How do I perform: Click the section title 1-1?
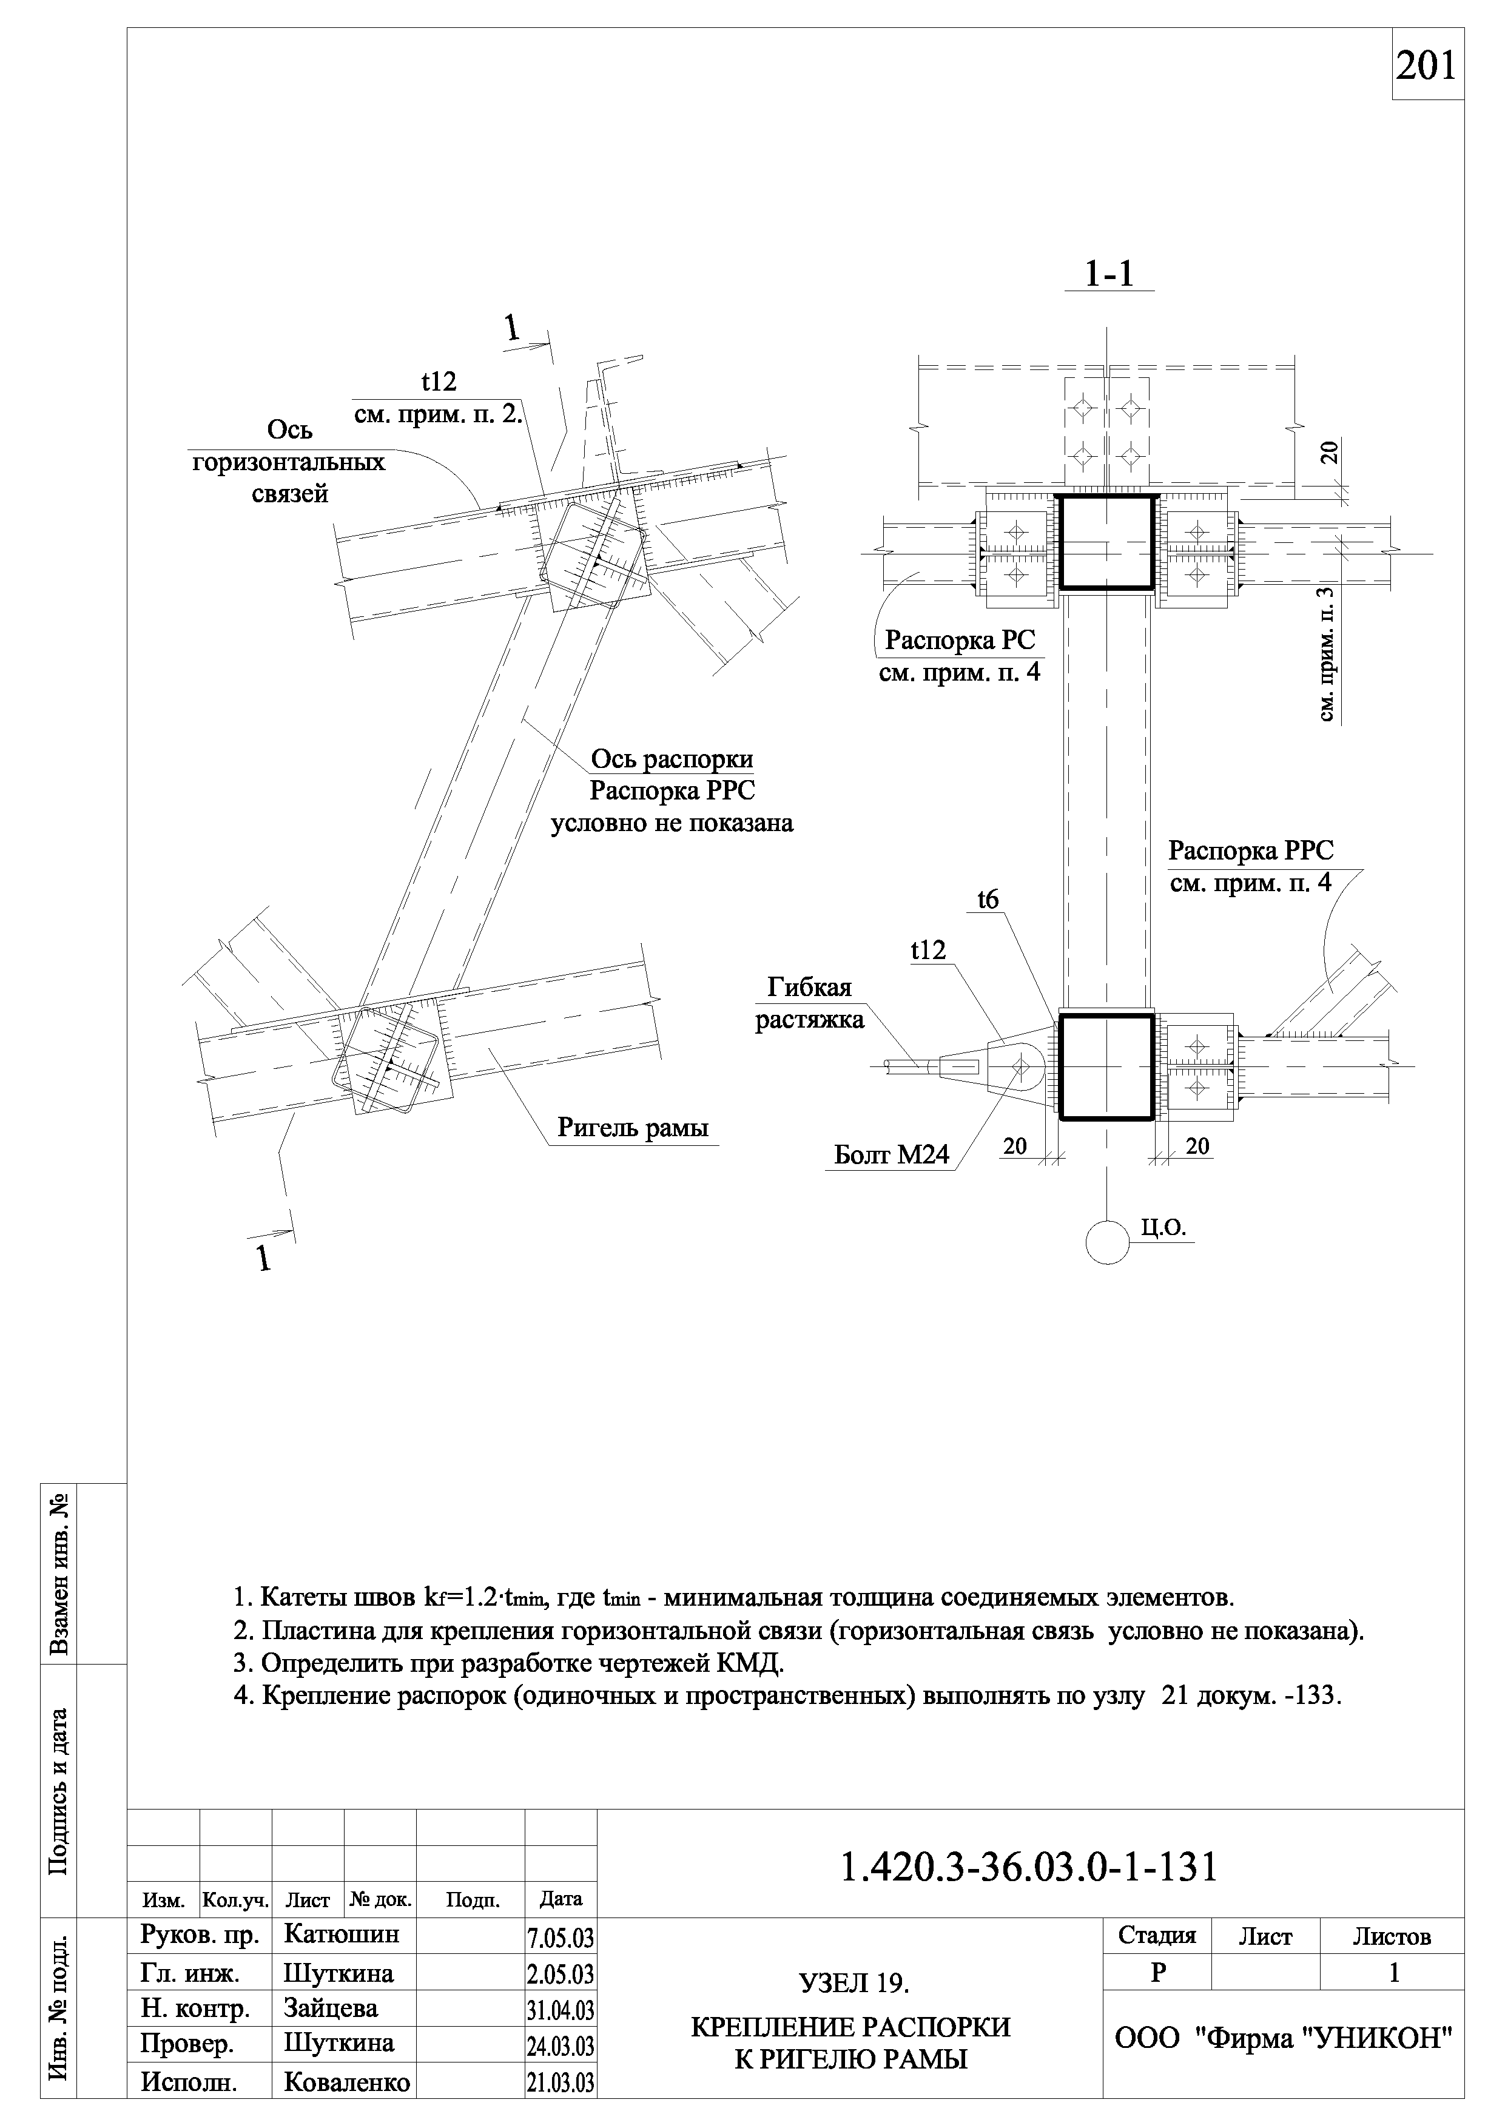click(x=1109, y=274)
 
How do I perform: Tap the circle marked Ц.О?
click(x=1108, y=1241)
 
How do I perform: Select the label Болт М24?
click(x=892, y=1155)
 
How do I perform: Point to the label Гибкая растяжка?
click(x=809, y=1004)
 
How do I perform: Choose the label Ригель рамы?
click(x=633, y=1127)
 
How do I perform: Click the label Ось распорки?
click(x=672, y=760)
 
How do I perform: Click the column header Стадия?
click(x=1157, y=1935)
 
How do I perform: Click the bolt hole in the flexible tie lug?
click(x=1022, y=1067)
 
